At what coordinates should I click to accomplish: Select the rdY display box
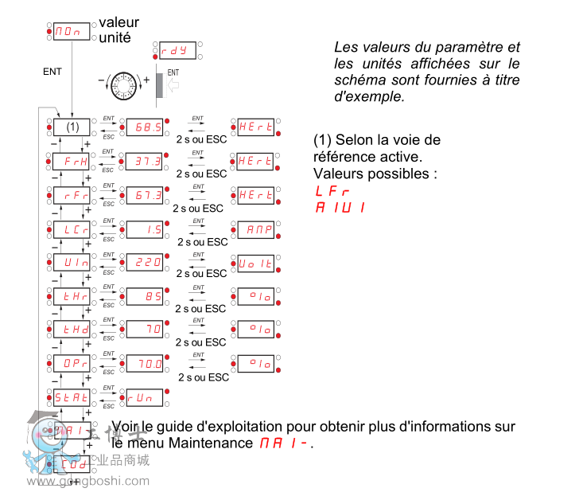[174, 50]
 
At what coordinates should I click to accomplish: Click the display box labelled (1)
[72, 127]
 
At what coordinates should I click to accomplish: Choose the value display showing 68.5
[144, 127]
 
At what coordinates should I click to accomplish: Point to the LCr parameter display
[72, 229]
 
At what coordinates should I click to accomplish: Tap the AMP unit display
[257, 229]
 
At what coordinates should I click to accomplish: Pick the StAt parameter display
[72, 396]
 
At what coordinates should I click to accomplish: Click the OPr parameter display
[72, 363]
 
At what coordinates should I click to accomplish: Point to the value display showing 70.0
[144, 363]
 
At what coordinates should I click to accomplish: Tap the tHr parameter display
[72, 296]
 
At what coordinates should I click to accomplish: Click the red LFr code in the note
[332, 191]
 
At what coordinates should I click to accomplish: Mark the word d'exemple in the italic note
[369, 96]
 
